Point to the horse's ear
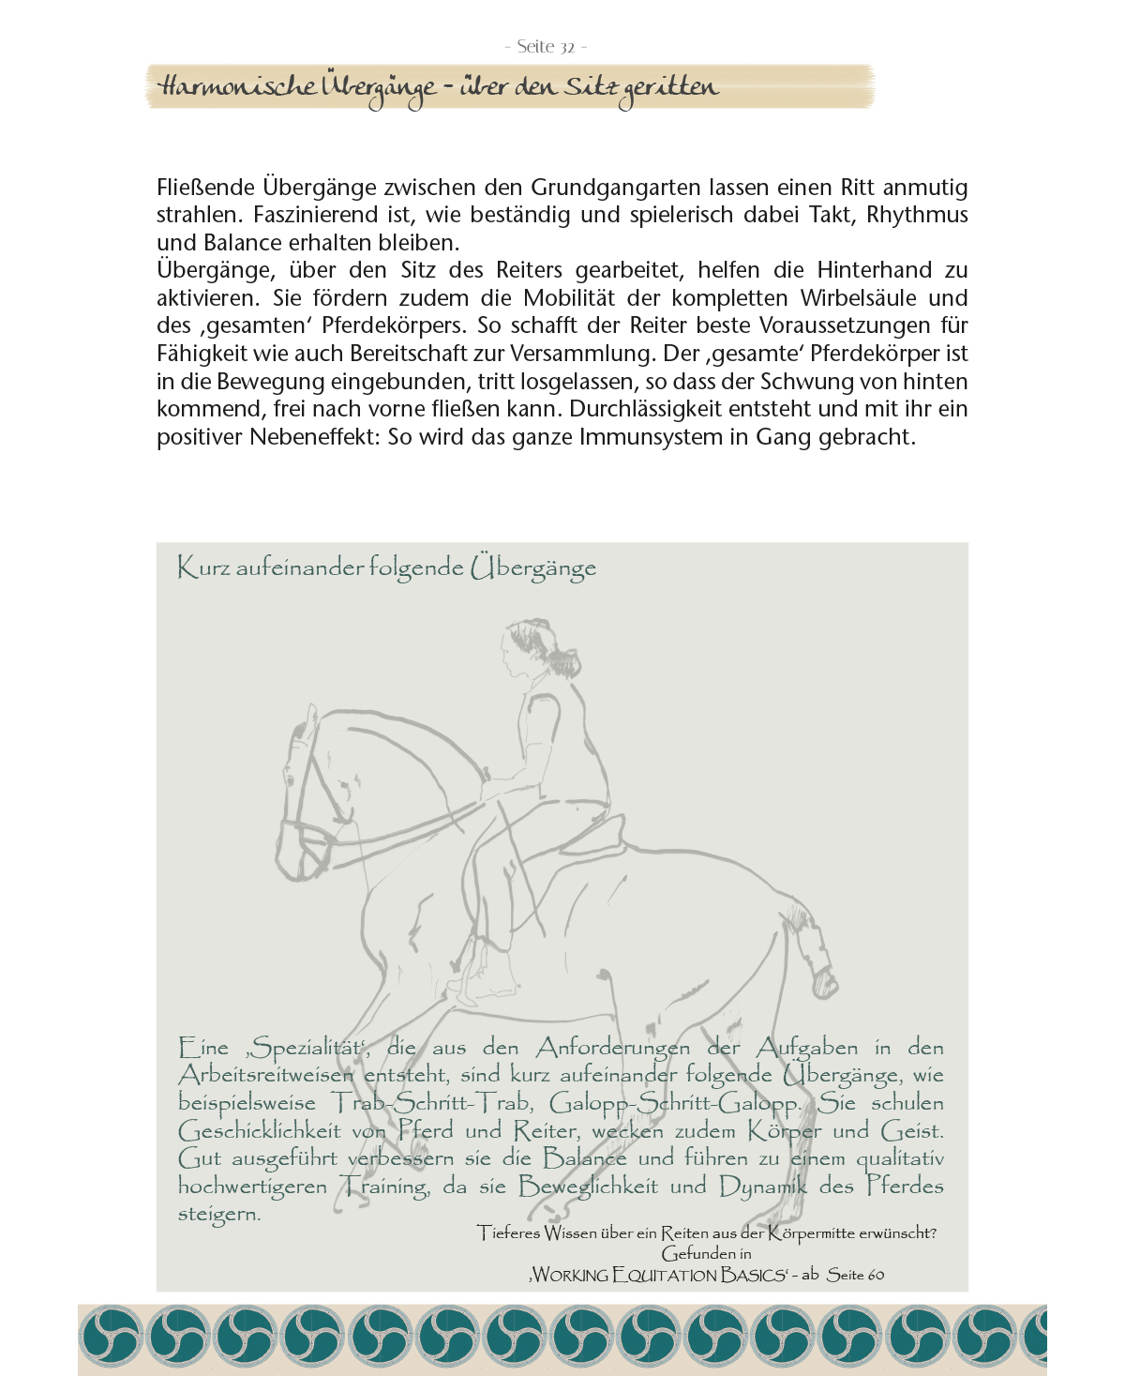308,722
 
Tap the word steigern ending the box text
217,1215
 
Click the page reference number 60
874,1275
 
